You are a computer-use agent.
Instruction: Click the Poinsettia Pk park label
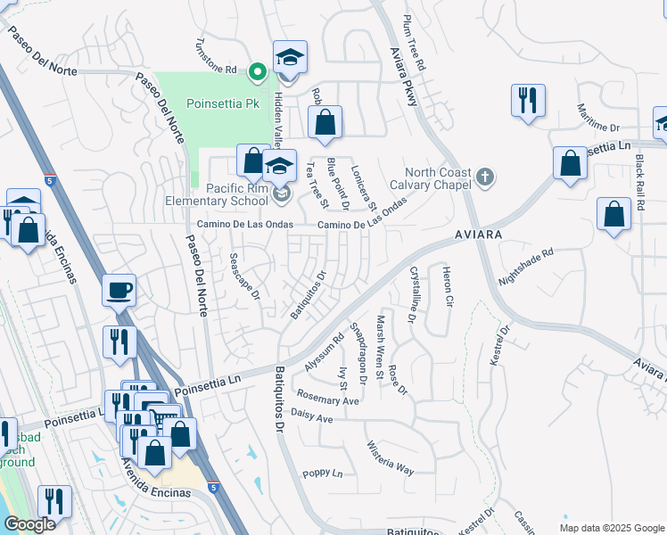click(222, 103)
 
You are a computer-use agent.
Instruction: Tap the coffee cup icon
click(119, 290)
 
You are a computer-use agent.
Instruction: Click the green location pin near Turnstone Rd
click(258, 70)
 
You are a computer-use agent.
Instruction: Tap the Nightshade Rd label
click(526, 267)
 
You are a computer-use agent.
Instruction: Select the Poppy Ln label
click(322, 473)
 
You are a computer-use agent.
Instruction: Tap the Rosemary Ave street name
click(327, 399)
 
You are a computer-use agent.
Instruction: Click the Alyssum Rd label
click(324, 353)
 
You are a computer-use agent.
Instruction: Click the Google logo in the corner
click(29, 524)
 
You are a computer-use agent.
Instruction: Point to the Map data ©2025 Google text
click(611, 527)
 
